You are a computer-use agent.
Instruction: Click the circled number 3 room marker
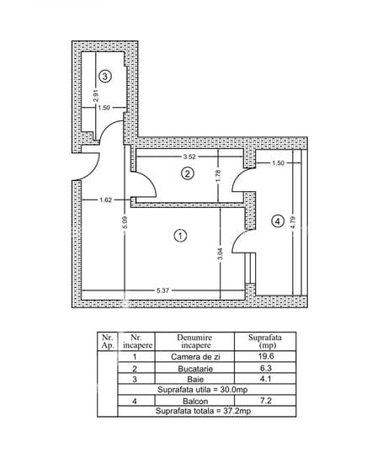[x=105, y=76]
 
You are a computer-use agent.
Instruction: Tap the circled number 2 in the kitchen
[x=188, y=173]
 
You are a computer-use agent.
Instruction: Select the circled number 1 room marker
[x=180, y=236]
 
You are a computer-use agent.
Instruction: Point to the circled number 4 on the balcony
[x=278, y=221]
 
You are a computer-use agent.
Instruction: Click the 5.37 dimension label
[x=162, y=290]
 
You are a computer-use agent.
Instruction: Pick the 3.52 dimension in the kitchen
[x=189, y=157]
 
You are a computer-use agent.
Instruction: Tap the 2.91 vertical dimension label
[x=96, y=95]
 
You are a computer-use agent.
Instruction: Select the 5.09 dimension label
[x=125, y=222]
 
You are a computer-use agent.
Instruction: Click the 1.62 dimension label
[x=106, y=200]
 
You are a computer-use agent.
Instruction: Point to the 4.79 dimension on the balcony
[x=293, y=222]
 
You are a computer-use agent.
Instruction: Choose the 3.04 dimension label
[x=220, y=254]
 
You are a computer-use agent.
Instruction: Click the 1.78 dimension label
[x=219, y=176]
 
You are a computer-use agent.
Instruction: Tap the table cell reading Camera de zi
[x=195, y=357]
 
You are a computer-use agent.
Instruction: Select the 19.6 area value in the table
[x=266, y=356]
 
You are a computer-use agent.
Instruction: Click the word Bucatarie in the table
[x=195, y=369]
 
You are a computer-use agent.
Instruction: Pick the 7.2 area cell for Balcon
[x=266, y=401]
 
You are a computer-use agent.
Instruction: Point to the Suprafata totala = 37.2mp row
[x=203, y=411]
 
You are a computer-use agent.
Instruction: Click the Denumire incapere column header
[x=194, y=342]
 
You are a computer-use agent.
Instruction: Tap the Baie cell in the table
[x=195, y=379]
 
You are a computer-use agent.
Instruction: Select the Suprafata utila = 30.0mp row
[x=203, y=390]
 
